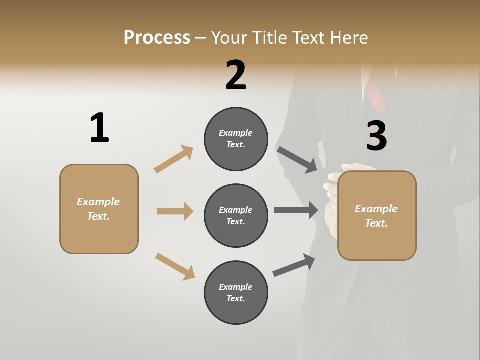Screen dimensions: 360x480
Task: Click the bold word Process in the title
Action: (157, 37)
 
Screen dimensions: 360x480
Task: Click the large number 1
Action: (99, 128)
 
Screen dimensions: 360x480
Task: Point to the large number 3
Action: (376, 136)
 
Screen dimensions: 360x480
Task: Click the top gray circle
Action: (236, 139)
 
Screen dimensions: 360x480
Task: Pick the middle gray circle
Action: (236, 216)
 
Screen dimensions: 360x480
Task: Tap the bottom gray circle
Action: (236, 292)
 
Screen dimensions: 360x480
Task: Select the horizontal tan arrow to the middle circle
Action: (175, 211)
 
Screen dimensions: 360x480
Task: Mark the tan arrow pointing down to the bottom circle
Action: (175, 266)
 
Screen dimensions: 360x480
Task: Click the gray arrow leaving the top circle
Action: (297, 159)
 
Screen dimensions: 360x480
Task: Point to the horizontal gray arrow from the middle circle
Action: (296, 210)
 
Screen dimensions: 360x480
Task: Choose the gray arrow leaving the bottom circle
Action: (294, 265)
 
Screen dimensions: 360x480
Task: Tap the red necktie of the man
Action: (375, 95)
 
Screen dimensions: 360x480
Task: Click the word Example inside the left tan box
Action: (98, 202)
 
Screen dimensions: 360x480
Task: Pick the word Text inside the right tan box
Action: (375, 223)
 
